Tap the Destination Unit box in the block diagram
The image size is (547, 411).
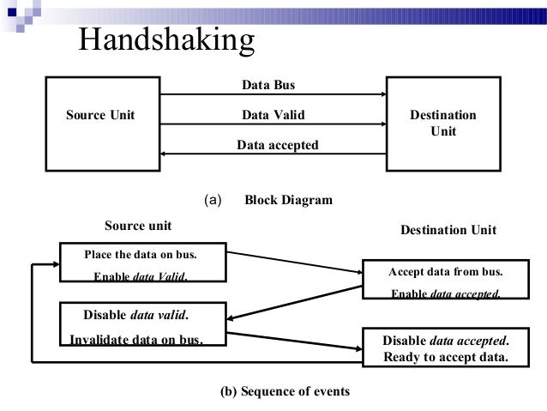click(444, 123)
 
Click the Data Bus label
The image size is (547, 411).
click(268, 85)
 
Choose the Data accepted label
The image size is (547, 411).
click(277, 146)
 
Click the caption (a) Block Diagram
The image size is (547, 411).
click(268, 201)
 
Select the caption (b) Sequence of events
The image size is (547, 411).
click(286, 392)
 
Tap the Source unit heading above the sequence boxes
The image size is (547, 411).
click(138, 226)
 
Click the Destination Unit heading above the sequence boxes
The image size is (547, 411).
click(448, 232)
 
